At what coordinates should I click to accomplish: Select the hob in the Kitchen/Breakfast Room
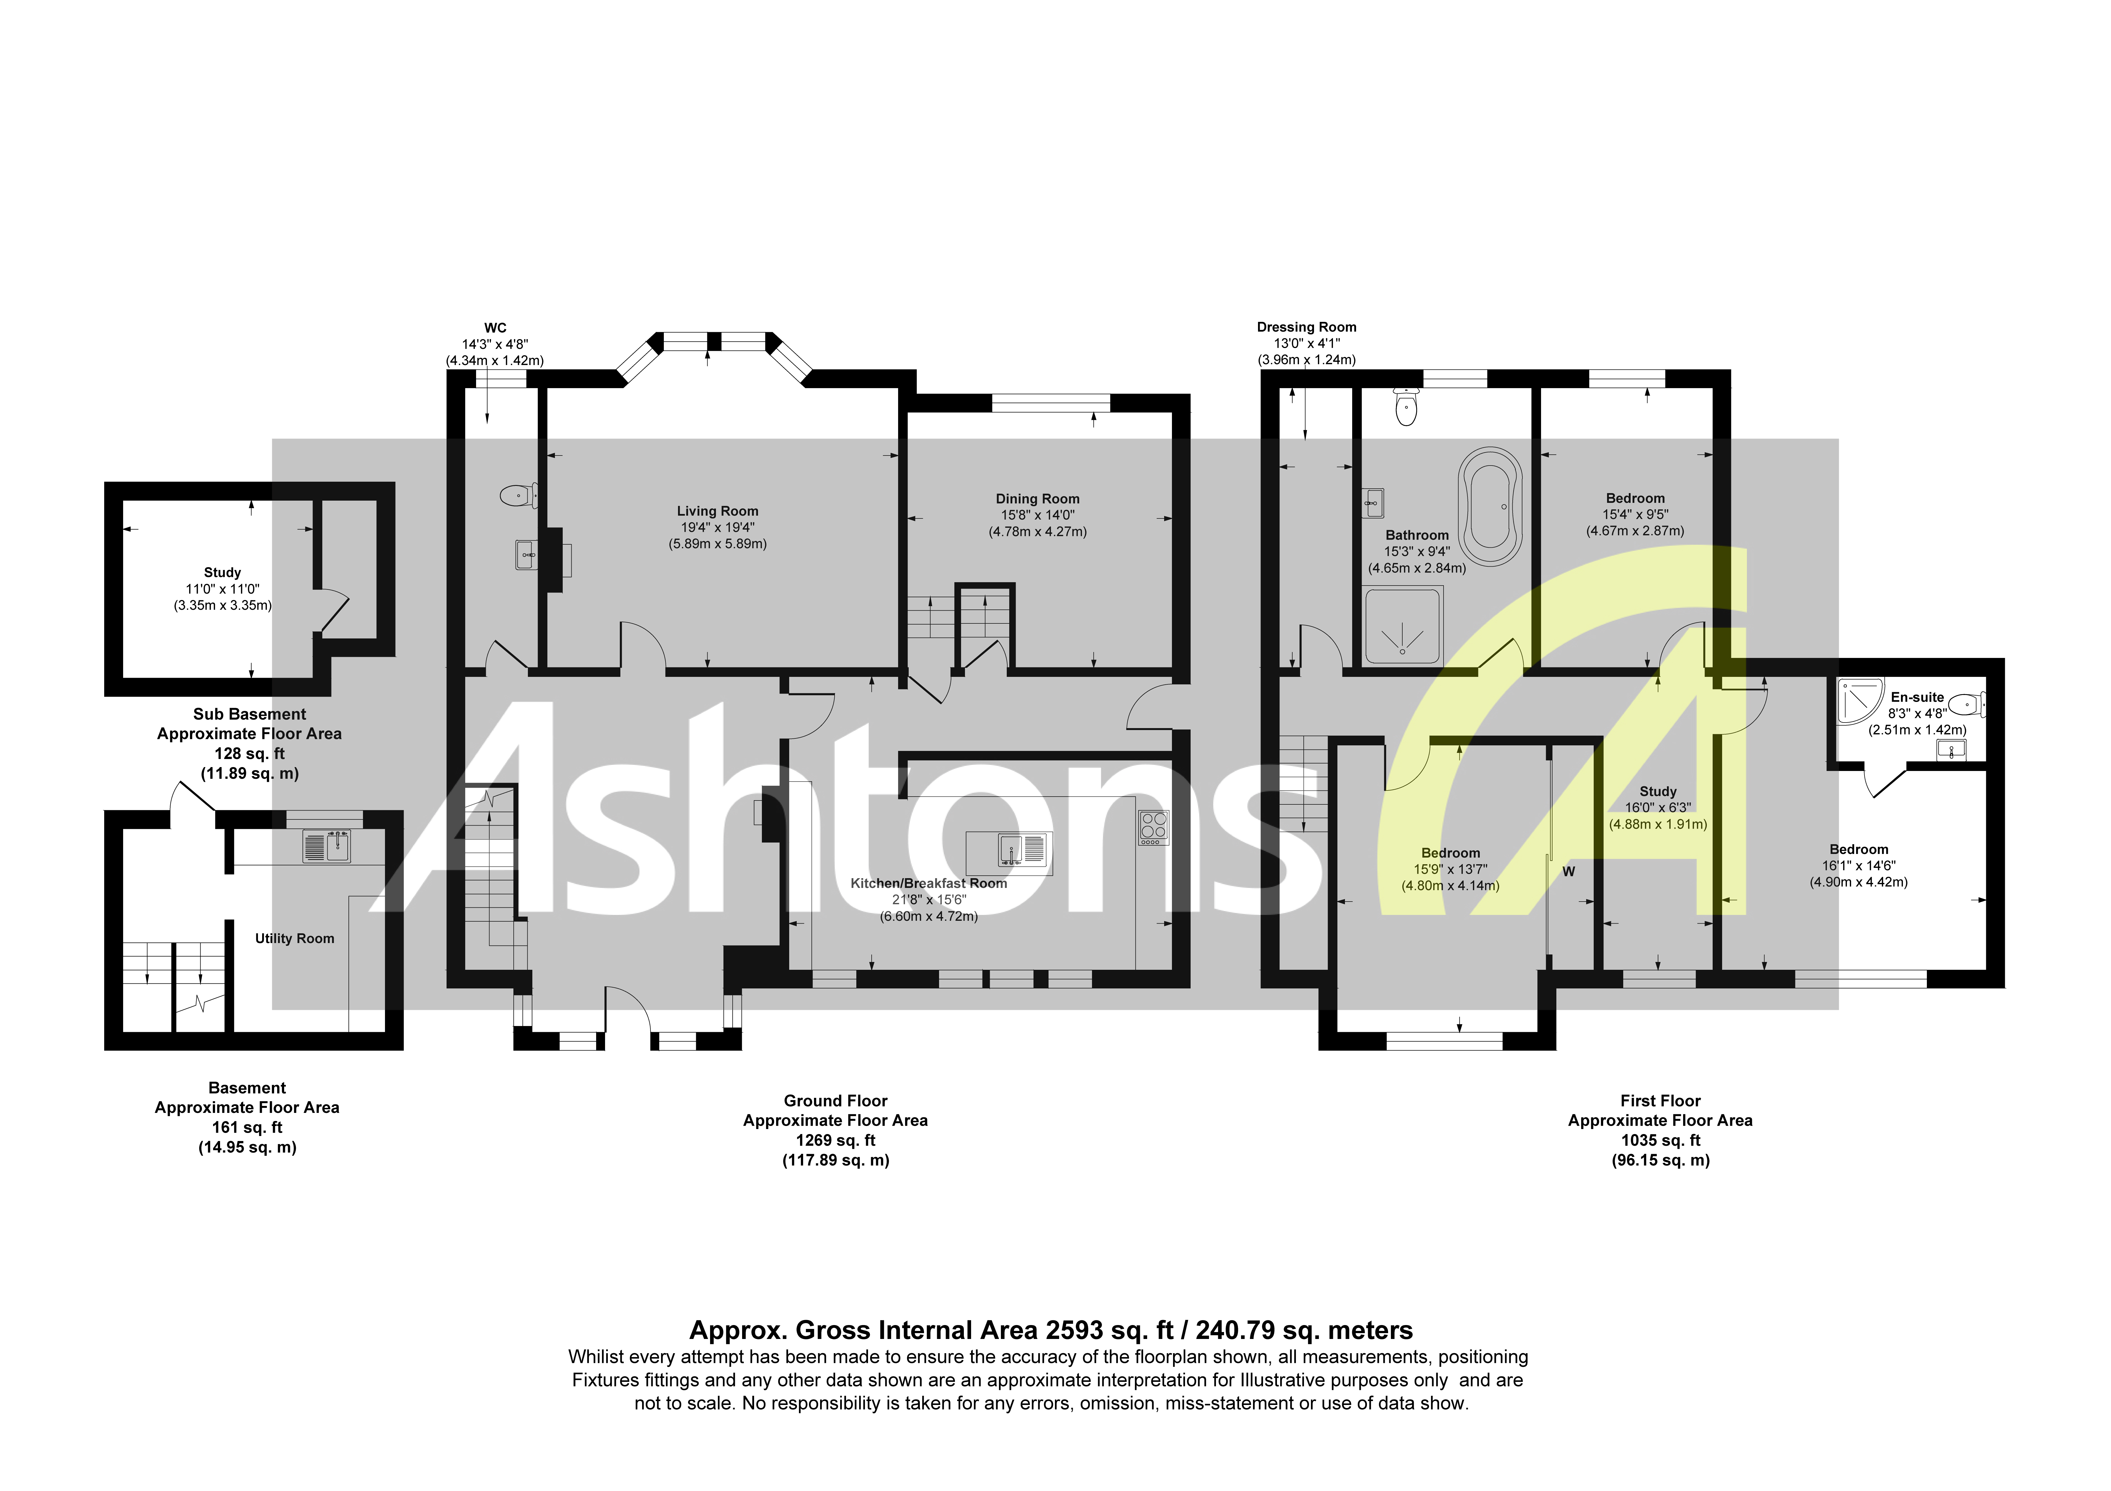click(x=1154, y=827)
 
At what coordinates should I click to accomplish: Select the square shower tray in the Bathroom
click(x=1403, y=625)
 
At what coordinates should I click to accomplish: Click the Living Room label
click(x=717, y=511)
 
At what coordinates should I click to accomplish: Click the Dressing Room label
click(x=1306, y=327)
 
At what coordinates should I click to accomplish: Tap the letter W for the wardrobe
click(x=1569, y=871)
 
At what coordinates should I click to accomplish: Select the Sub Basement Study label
click(x=223, y=572)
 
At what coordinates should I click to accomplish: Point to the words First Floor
click(x=1659, y=1100)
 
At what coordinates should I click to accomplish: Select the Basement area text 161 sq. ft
click(x=247, y=1127)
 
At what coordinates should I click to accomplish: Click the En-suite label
click(x=1917, y=697)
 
